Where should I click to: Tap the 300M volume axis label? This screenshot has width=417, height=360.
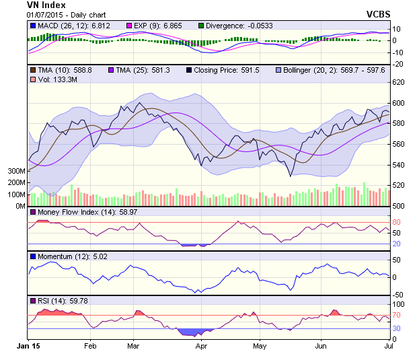pos(15,171)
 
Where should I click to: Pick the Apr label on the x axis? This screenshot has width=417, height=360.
pos(201,345)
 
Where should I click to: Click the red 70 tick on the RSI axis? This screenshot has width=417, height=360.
pos(397,315)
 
